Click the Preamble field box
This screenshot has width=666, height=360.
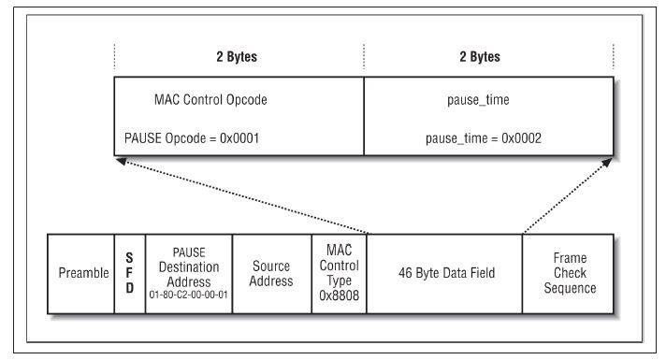[x=81, y=274]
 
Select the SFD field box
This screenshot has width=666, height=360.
[x=130, y=274]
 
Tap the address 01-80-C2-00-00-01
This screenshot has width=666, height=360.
[x=189, y=295]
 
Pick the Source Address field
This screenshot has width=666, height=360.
[x=272, y=274]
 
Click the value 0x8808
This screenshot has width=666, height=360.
[x=339, y=295]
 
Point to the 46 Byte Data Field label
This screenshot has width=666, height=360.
[x=446, y=272]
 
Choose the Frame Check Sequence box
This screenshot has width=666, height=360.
[x=569, y=274]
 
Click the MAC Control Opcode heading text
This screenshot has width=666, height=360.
[x=210, y=100]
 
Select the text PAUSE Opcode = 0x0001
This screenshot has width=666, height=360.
[x=192, y=138]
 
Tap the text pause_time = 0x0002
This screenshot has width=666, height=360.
[x=484, y=138]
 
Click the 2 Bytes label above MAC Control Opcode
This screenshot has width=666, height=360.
[x=237, y=57]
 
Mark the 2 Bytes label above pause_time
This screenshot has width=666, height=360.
[x=480, y=57]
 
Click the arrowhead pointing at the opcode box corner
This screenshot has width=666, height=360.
[x=121, y=162]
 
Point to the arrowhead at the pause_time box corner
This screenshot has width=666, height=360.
[x=607, y=162]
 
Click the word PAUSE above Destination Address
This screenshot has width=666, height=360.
[x=189, y=252]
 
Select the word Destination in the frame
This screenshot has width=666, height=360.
[x=189, y=267]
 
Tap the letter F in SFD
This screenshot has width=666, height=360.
[x=129, y=272]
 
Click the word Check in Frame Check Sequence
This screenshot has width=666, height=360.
[x=570, y=272]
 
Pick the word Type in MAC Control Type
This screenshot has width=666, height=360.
[x=339, y=281]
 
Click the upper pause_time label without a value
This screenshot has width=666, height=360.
[x=478, y=100]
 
